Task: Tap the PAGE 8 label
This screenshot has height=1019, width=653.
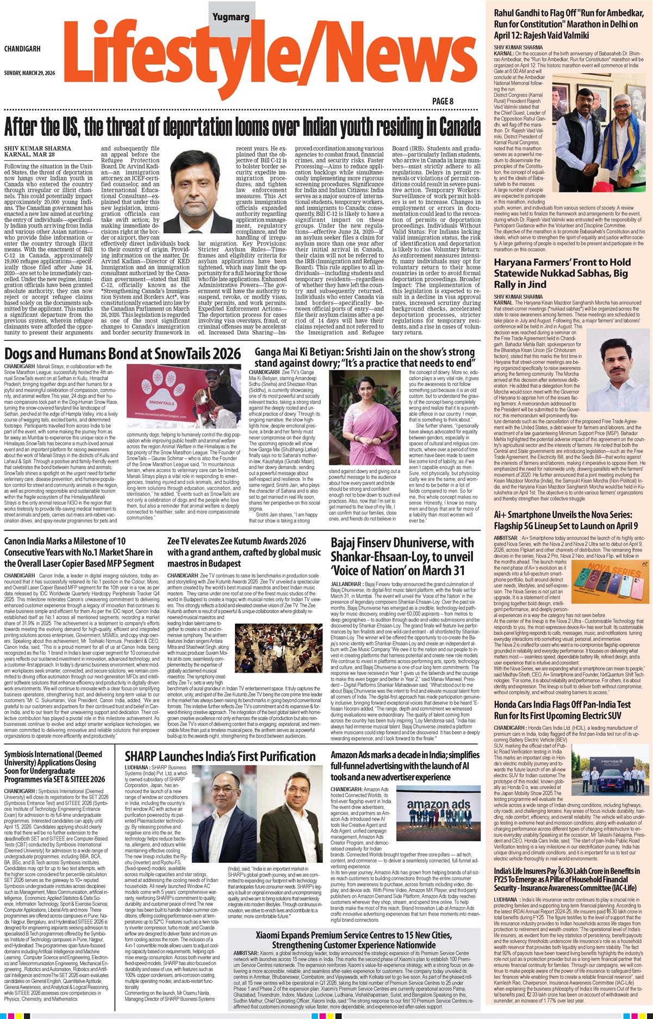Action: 443,101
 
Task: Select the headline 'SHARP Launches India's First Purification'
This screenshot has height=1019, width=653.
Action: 220,756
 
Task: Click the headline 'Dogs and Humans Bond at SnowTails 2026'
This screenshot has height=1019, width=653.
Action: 122,355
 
